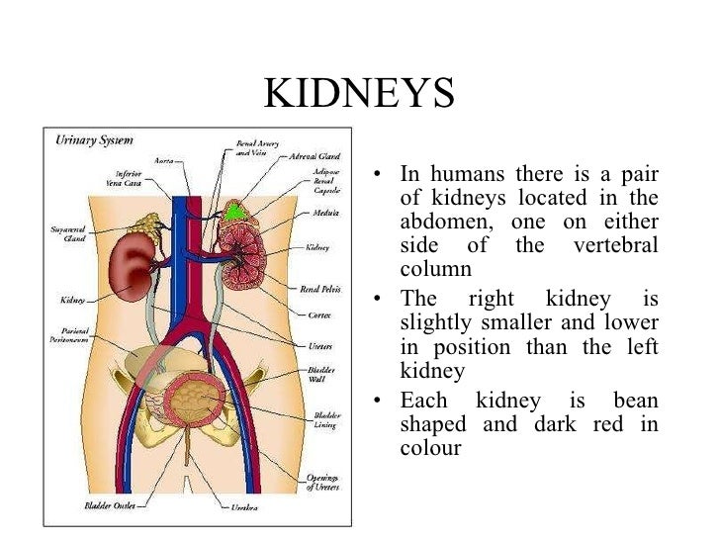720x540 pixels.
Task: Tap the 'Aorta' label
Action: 165,160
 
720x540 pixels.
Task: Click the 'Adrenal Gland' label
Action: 315,156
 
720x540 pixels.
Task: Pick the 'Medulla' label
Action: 322,213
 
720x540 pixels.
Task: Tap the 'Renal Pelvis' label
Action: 321,290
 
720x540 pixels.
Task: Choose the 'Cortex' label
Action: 318,315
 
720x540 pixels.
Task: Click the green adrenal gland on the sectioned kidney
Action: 233,211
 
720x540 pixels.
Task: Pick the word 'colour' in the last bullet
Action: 430,447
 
